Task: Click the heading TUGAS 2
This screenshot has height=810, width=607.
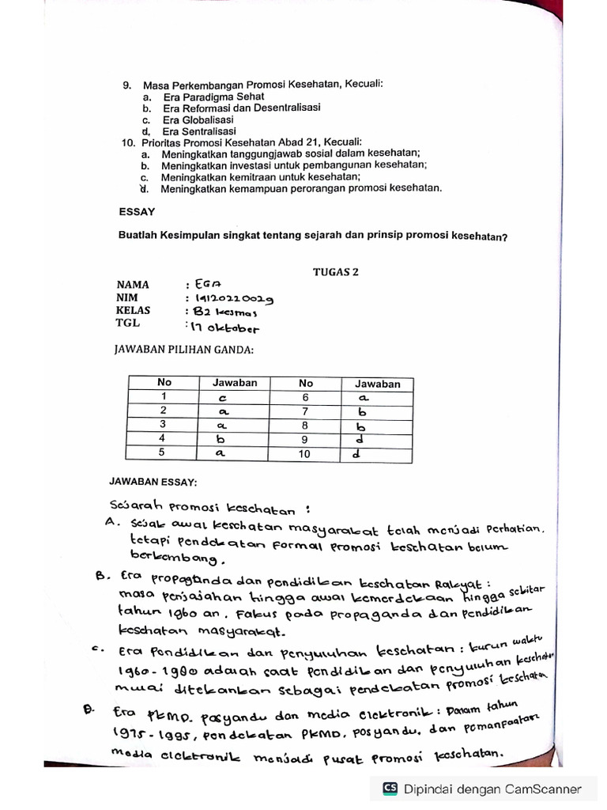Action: pyautogui.click(x=335, y=271)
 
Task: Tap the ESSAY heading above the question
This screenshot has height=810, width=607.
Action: pyautogui.click(x=137, y=212)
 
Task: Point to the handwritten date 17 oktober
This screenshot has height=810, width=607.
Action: pyautogui.click(x=222, y=327)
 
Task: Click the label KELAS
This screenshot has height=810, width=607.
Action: pyautogui.click(x=134, y=311)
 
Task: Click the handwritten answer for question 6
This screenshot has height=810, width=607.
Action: pyautogui.click(x=364, y=398)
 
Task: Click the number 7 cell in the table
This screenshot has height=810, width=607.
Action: pyautogui.click(x=305, y=411)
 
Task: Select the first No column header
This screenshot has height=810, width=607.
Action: pyautogui.click(x=164, y=383)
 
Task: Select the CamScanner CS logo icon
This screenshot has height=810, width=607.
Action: pyautogui.click(x=390, y=788)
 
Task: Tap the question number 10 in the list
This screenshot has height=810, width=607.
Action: pyautogui.click(x=128, y=142)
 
